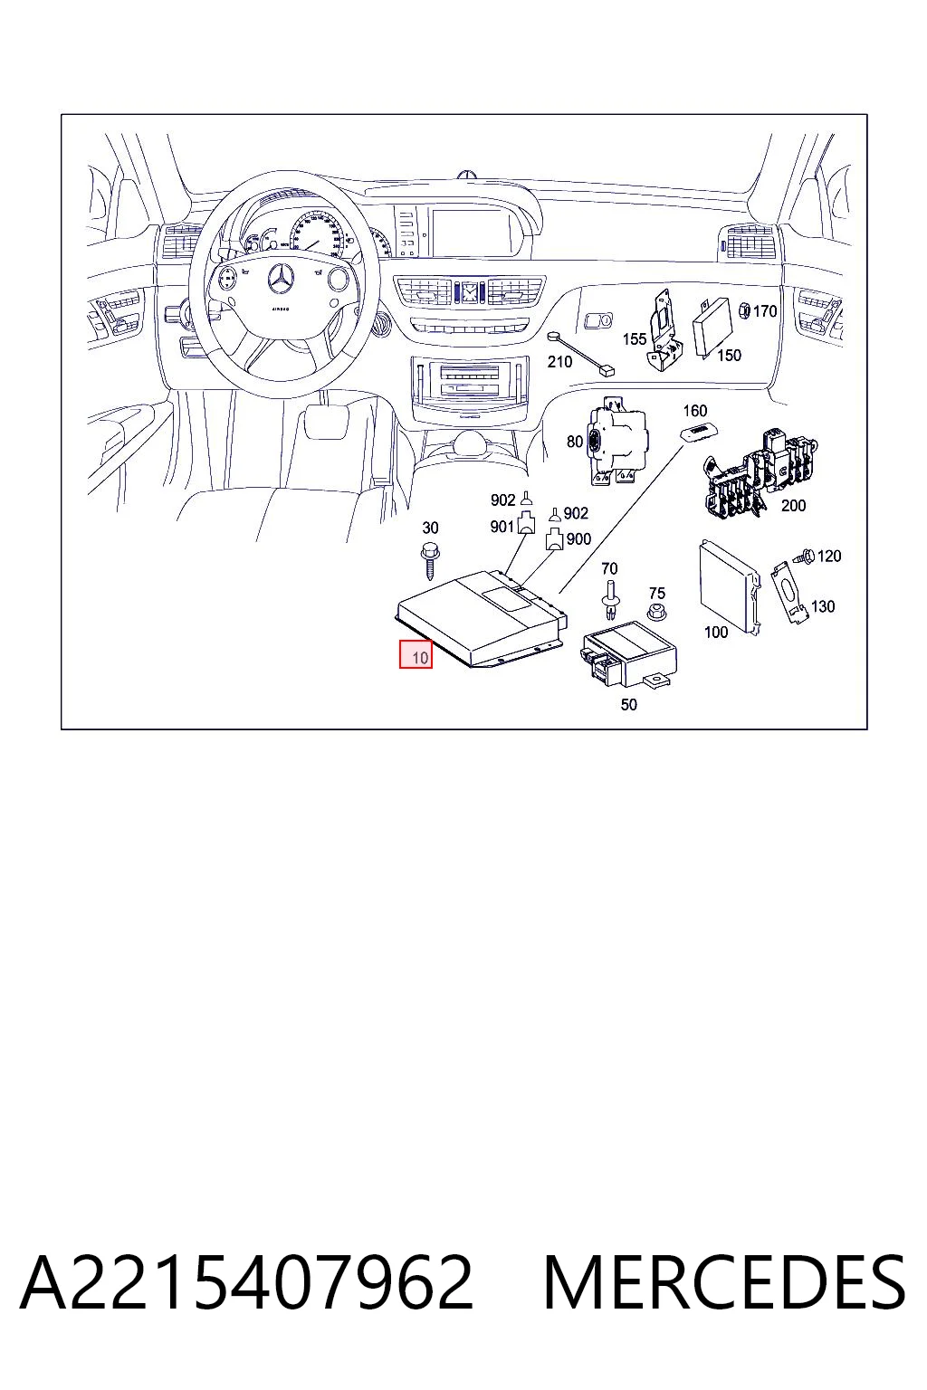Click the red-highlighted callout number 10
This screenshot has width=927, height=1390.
click(x=420, y=657)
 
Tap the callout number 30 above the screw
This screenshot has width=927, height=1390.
click(x=430, y=528)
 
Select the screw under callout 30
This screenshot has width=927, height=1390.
click(x=429, y=560)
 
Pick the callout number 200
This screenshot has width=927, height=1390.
click(x=794, y=506)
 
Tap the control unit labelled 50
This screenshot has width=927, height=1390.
click(x=628, y=653)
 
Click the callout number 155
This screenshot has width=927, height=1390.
click(x=635, y=338)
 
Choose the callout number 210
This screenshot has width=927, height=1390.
click(x=559, y=361)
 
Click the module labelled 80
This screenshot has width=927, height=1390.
click(x=617, y=441)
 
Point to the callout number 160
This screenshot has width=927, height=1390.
click(x=694, y=410)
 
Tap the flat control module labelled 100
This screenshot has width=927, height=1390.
click(x=731, y=586)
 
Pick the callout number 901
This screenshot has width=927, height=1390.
click(x=502, y=526)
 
